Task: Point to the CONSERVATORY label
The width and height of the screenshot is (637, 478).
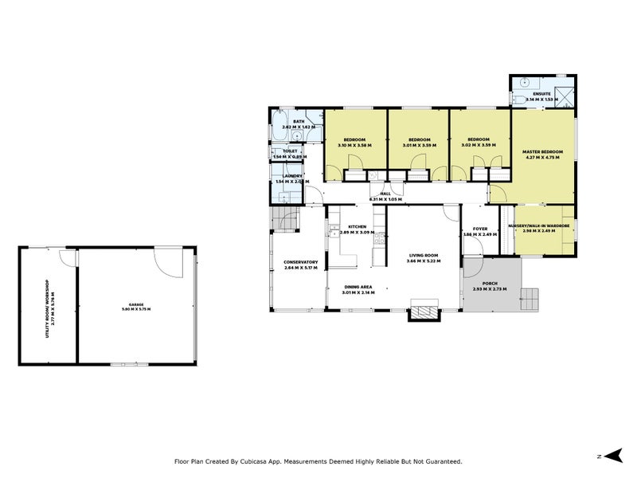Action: (300, 264)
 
